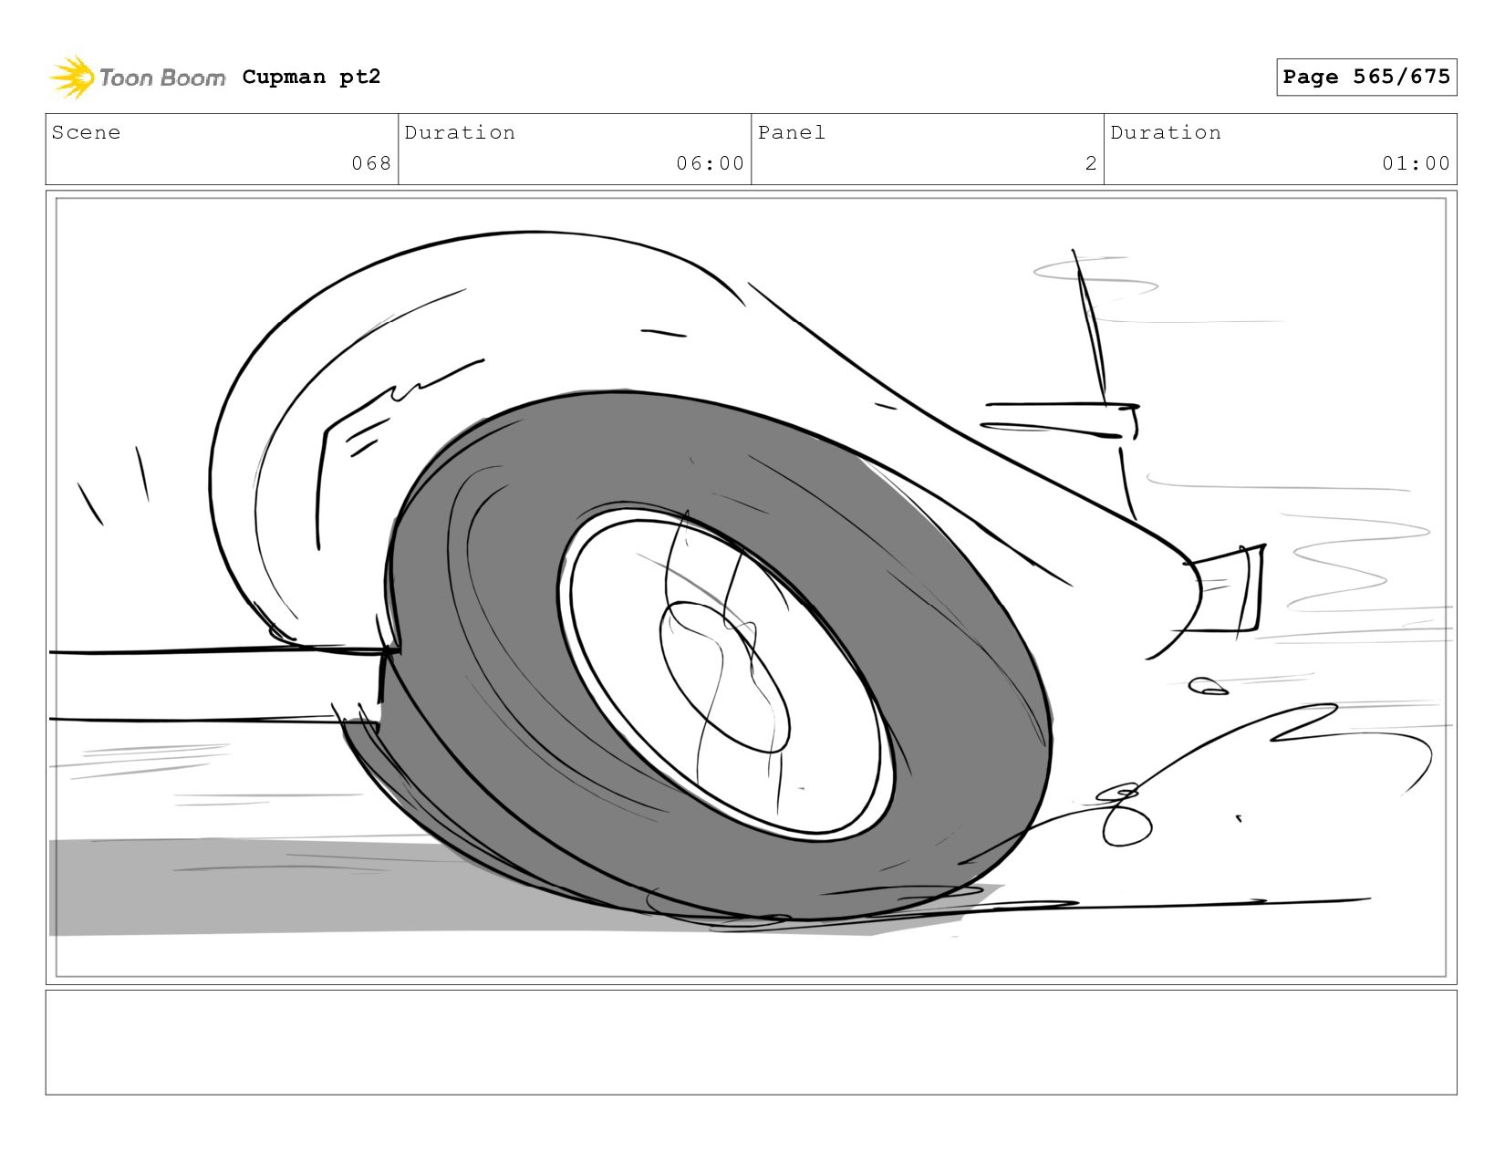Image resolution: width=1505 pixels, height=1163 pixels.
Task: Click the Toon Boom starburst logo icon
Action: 72,77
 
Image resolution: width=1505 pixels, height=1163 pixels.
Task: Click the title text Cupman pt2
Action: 311,77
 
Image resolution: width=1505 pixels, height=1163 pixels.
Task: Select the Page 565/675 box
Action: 1365,77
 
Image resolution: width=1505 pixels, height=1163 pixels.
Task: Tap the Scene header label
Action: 86,132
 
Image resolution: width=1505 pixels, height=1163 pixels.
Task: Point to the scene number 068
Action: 371,163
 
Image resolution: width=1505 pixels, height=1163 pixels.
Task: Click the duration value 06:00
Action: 710,163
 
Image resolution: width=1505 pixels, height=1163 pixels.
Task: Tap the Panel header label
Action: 792,132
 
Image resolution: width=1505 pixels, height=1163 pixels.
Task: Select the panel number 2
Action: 1091,163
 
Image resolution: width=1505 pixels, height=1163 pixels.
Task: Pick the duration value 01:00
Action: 1416,163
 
